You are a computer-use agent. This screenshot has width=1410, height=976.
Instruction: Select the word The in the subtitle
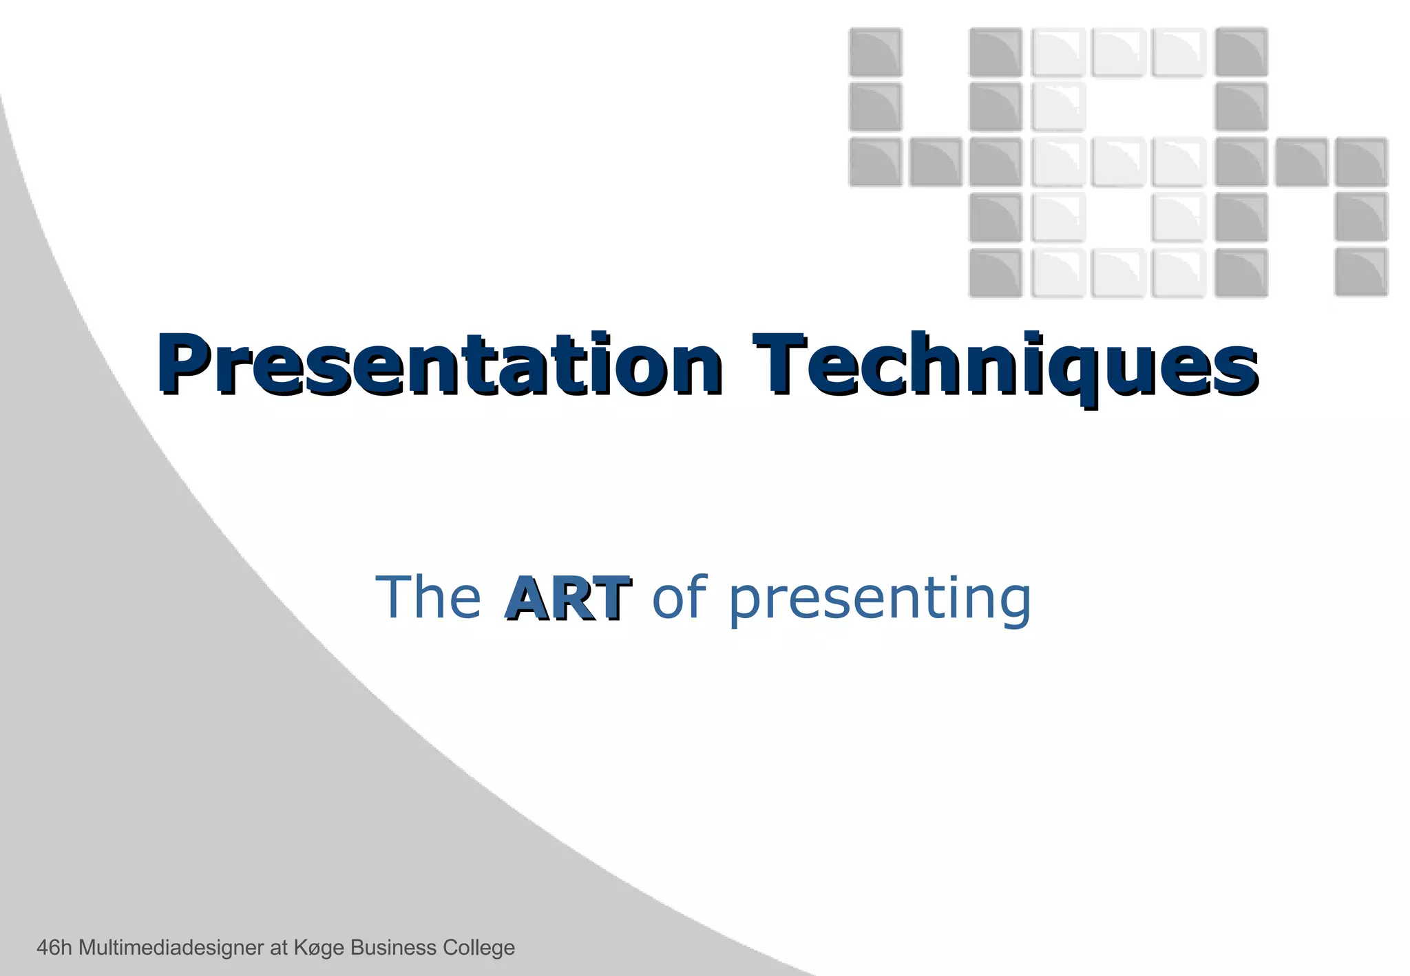click(428, 597)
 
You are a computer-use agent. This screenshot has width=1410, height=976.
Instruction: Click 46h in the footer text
click(54, 948)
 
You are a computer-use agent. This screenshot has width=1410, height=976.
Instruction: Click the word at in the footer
click(278, 948)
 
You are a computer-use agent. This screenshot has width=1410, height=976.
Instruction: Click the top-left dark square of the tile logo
click(875, 52)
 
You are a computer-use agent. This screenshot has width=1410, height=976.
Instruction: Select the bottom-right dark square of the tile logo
click(1361, 273)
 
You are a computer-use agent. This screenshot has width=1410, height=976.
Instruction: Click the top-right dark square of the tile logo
click(1241, 52)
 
